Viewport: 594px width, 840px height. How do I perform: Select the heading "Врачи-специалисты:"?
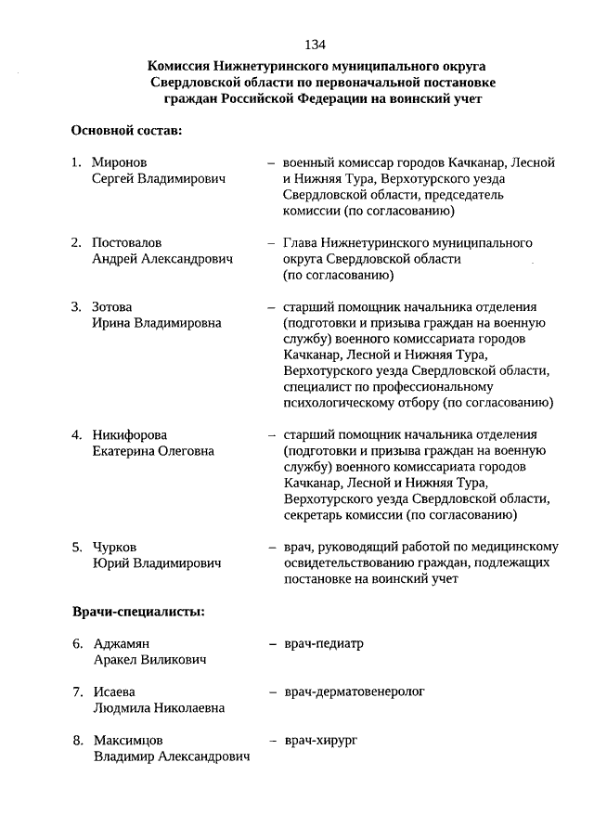[x=138, y=612]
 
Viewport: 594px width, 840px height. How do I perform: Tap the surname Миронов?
[x=120, y=162]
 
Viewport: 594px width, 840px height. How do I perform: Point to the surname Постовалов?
[x=128, y=243]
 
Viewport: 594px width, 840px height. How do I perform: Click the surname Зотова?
[x=112, y=307]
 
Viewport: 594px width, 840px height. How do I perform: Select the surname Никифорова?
[x=135, y=434]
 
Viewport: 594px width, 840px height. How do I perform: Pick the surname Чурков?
[x=115, y=547]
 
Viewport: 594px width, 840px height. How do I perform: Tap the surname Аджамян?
[x=122, y=643]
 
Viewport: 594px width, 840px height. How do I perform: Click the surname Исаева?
[x=115, y=691]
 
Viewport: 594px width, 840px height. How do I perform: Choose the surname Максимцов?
[x=129, y=741]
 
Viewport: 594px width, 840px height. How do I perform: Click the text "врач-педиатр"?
[x=324, y=643]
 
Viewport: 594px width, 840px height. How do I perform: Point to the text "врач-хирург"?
[x=321, y=741]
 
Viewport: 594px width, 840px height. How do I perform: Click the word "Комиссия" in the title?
[x=179, y=66]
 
